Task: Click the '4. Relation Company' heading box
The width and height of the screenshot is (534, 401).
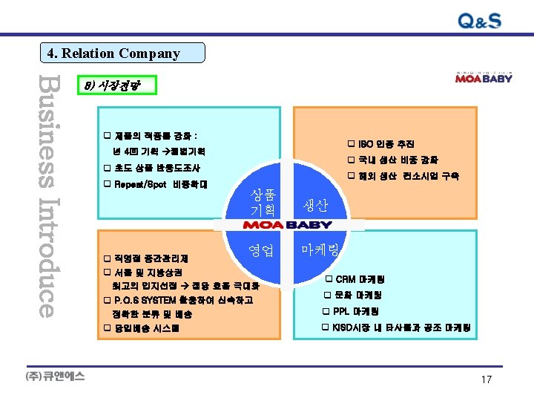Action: click(x=122, y=53)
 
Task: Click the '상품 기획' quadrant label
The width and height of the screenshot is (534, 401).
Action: click(x=264, y=203)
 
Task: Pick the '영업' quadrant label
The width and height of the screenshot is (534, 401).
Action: click(x=264, y=250)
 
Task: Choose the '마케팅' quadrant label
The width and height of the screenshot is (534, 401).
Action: click(x=320, y=250)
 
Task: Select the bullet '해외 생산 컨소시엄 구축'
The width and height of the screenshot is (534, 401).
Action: click(x=403, y=176)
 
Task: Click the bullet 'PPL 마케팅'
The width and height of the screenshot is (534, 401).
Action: click(x=354, y=311)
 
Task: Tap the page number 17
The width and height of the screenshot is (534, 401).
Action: click(x=487, y=379)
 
